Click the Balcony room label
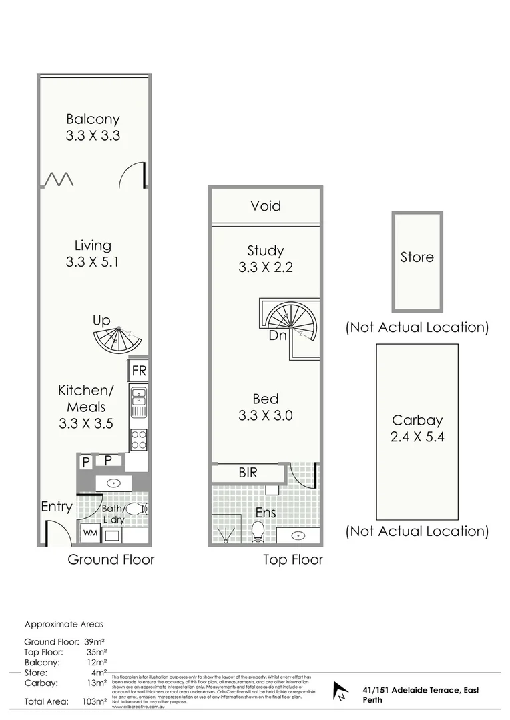click(93, 119)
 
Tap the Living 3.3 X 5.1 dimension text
click(93, 262)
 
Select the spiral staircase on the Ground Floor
click(117, 340)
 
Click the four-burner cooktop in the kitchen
click(139, 438)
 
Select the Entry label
click(56, 507)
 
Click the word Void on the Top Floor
click(266, 206)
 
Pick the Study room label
click(266, 251)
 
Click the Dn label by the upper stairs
click(278, 335)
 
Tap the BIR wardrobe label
click(249, 473)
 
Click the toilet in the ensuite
click(258, 531)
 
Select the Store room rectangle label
click(417, 257)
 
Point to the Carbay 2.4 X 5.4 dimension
click(417, 437)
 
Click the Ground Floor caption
click(111, 559)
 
